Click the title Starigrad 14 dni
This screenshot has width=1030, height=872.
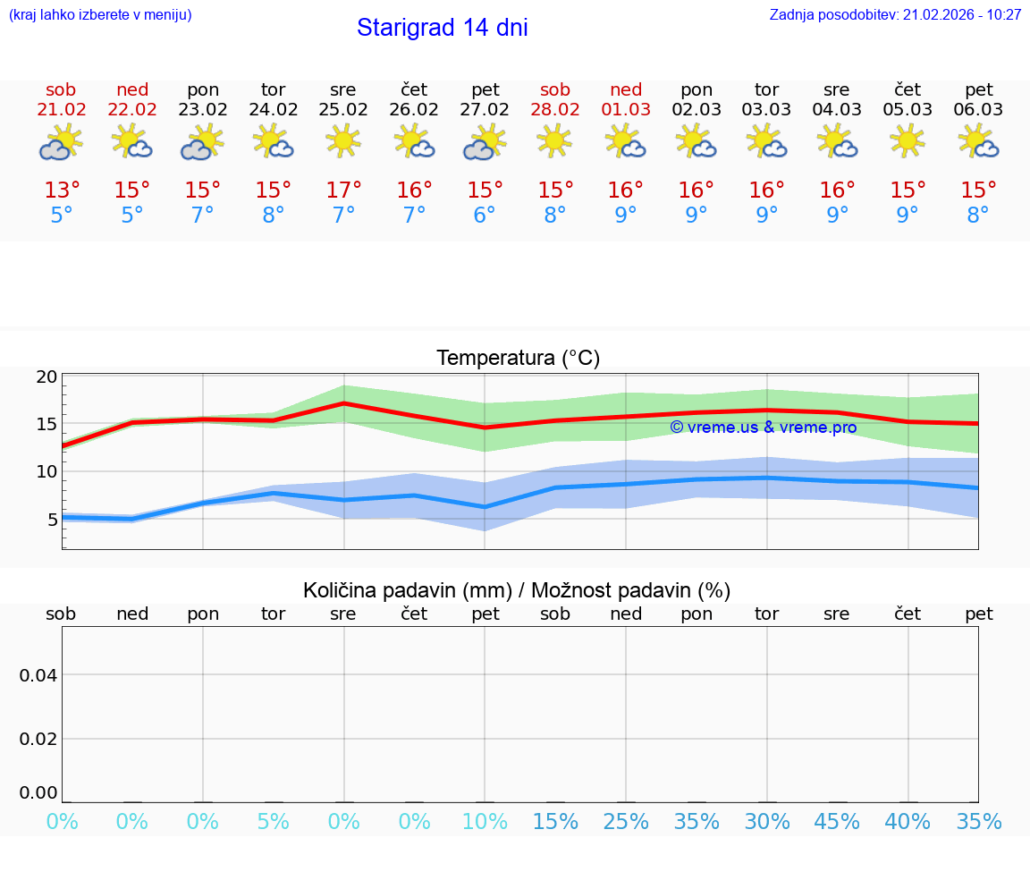[442, 28]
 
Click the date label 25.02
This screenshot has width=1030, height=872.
[343, 110]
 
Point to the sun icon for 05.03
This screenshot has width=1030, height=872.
[908, 140]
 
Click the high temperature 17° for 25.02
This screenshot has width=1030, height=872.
[343, 190]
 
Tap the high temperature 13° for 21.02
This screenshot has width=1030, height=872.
[62, 190]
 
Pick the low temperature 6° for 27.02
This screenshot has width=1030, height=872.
[485, 216]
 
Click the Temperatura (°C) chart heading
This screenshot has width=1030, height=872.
[518, 359]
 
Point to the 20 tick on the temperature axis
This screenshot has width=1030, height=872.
[47, 377]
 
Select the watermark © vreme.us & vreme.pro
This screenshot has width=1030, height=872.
[763, 428]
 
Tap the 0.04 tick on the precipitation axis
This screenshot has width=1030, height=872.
[38, 675]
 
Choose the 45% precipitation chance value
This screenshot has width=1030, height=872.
[837, 822]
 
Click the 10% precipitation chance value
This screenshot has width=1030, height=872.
[485, 822]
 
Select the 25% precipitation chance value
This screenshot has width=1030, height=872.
[626, 822]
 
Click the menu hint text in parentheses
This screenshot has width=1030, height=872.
[100, 15]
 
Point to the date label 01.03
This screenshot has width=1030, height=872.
[626, 110]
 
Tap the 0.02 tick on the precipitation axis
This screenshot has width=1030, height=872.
[38, 739]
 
